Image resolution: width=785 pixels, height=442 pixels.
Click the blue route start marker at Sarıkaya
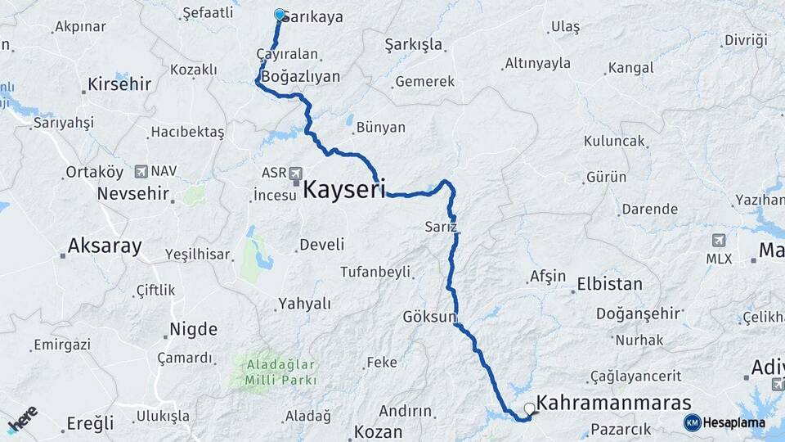pyautogui.click(x=280, y=15)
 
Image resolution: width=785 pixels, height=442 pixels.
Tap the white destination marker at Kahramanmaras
pyautogui.click(x=530, y=408)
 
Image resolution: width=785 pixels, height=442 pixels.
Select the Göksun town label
pyautogui.click(x=428, y=317)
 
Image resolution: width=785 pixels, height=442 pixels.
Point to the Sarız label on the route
pyautogui.click(x=440, y=226)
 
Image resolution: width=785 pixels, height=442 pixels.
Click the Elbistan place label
pyautogui.click(x=609, y=285)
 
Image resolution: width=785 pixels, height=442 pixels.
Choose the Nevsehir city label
pyautogui.click(x=132, y=194)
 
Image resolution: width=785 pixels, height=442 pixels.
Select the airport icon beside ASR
pyautogui.click(x=295, y=174)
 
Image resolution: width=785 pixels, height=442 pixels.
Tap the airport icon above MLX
pyautogui.click(x=719, y=241)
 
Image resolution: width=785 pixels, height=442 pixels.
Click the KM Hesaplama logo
pyautogui.click(x=724, y=422)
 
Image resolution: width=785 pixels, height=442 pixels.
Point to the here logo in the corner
pyautogui.click(x=24, y=418)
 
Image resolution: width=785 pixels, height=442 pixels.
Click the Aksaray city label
pyautogui.click(x=105, y=246)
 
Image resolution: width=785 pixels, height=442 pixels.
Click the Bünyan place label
pyautogui.click(x=381, y=128)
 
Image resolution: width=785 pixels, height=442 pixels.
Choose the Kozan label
pyautogui.click(x=378, y=431)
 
